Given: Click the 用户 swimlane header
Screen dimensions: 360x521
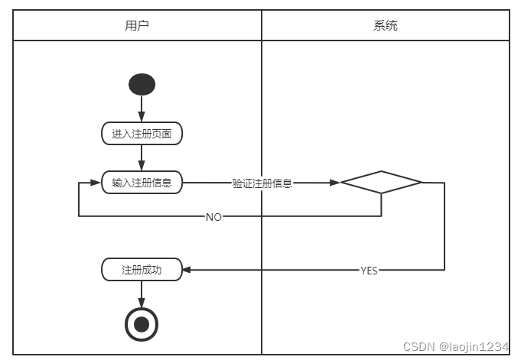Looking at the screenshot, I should coord(137,25).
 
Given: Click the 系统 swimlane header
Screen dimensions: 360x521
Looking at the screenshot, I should coord(385,25).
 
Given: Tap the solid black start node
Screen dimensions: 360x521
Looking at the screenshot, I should coord(142,83).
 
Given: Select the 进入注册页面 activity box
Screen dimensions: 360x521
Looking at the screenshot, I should coord(142,134).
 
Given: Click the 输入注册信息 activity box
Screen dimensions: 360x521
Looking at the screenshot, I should coord(142,183).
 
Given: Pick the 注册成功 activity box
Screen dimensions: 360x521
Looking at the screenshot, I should coord(142,270).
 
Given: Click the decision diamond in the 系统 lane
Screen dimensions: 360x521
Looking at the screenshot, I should coord(381,183).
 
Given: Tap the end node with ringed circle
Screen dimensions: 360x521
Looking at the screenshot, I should coord(142,324).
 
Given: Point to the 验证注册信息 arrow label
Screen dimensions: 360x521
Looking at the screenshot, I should coord(262,183).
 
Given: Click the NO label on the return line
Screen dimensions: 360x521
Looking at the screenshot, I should coord(213,217).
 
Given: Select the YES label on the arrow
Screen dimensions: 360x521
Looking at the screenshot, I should coord(369,271).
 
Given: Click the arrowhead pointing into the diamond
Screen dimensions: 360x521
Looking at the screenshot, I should coord(335,183).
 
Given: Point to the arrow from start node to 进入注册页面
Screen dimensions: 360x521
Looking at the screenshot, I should coord(142,109).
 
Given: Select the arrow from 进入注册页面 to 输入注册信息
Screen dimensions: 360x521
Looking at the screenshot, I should coord(142,157).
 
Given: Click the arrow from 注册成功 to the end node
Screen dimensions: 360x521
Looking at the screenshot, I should coord(142,294).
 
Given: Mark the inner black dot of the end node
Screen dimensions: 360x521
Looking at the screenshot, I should coord(142,324).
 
